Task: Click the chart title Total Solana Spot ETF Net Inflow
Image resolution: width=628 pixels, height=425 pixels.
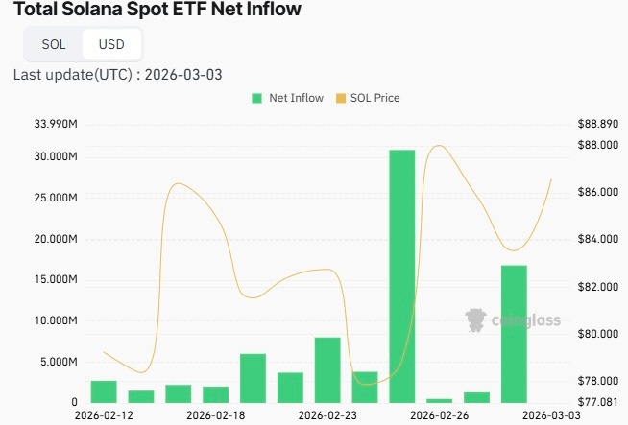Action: click(157, 11)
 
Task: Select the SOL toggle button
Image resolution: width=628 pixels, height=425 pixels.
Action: click(54, 44)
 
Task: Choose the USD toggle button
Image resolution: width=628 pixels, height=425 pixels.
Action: click(111, 44)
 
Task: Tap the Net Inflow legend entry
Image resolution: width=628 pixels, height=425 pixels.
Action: click(287, 98)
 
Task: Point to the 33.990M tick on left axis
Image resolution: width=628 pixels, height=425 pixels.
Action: click(56, 124)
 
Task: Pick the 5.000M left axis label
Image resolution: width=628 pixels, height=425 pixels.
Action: click(58, 362)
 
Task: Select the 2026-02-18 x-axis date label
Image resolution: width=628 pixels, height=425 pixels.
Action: click(215, 415)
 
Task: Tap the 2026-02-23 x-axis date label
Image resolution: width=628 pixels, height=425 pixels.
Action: click(327, 415)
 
